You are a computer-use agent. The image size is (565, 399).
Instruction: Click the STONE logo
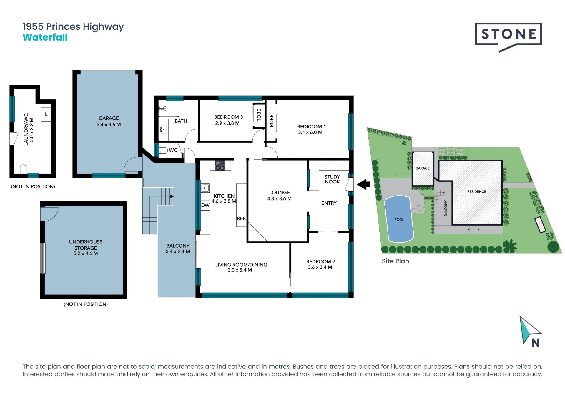pyautogui.click(x=508, y=37)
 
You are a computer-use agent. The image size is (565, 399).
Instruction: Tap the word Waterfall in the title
pyautogui.click(x=45, y=37)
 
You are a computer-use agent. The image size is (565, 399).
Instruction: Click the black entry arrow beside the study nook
pyautogui.click(x=363, y=184)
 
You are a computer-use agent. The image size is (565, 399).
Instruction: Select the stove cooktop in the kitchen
pyautogui.click(x=220, y=165)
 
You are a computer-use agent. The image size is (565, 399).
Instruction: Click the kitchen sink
pyautogui.click(x=205, y=188)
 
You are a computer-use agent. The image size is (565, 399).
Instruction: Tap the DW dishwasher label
pyautogui.click(x=205, y=205)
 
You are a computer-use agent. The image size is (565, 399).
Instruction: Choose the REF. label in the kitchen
pyautogui.click(x=241, y=218)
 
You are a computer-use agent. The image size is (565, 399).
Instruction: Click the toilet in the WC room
pyautogui.click(x=163, y=151)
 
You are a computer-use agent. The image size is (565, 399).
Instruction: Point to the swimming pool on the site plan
pyautogui.click(x=399, y=219)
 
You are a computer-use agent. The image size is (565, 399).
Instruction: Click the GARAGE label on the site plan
pyautogui.click(x=422, y=168)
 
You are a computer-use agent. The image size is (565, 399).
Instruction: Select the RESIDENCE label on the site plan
pyautogui.click(x=477, y=191)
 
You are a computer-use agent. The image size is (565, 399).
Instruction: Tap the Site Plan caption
pyautogui.click(x=395, y=261)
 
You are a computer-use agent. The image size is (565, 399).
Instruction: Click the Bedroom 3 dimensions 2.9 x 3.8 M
pyautogui.click(x=227, y=123)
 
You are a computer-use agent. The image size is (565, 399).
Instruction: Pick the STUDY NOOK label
pyautogui.click(x=332, y=179)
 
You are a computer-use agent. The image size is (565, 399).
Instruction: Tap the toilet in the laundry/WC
pyautogui.click(x=23, y=169)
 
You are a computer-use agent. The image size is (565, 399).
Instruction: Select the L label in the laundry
pyautogui.click(x=46, y=114)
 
